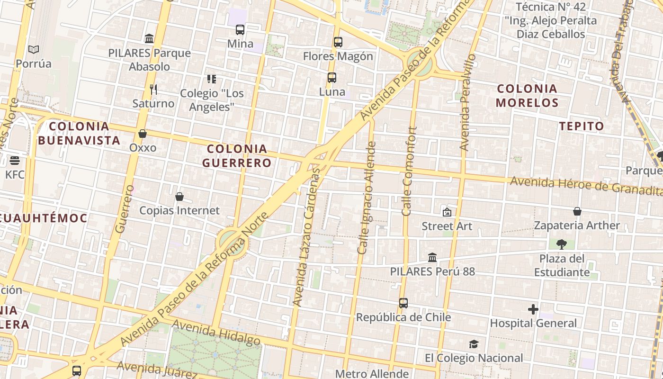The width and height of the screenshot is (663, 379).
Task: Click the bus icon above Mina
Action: click(240, 30)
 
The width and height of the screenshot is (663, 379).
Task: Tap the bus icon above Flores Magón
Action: click(338, 42)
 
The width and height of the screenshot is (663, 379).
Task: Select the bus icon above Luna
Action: click(331, 78)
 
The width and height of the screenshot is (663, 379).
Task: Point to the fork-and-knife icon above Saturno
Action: click(153, 89)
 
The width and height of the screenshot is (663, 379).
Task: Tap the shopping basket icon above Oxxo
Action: click(143, 134)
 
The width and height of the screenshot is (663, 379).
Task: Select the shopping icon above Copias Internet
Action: click(179, 197)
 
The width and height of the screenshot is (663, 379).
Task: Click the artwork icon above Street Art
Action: click(447, 212)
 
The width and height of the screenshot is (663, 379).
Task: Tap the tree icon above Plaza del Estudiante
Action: click(562, 244)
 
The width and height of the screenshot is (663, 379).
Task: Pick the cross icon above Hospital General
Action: click(533, 309)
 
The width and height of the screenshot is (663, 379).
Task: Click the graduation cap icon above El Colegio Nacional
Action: click(474, 344)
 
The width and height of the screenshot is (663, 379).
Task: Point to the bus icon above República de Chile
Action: click(403, 303)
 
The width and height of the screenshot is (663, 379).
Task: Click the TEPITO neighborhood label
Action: click(582, 126)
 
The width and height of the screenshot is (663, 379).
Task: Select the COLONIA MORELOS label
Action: click(527, 95)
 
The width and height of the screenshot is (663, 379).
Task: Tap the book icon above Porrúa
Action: click(33, 50)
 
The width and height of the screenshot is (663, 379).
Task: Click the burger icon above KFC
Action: click(15, 161)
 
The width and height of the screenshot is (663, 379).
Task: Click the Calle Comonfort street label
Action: click(410, 171)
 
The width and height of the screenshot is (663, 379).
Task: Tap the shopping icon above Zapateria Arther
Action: click(577, 211)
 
